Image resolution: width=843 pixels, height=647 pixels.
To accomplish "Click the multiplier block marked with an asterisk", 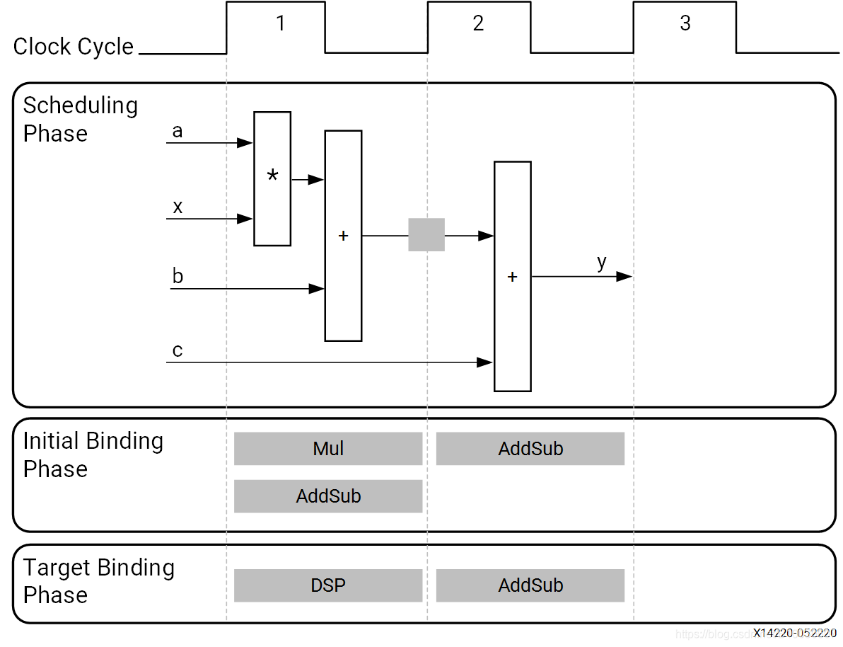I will (272, 178).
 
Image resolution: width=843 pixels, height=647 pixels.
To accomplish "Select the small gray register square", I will (426, 235).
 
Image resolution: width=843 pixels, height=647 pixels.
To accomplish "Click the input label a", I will (178, 132).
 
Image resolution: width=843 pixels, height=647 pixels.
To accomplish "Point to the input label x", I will (178, 207).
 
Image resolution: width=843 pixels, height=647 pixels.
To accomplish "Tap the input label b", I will (178, 276).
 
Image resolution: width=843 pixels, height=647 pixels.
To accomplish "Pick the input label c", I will (178, 351).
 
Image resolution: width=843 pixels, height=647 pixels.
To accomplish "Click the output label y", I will (601, 263).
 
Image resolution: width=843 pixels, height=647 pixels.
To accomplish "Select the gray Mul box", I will (328, 449).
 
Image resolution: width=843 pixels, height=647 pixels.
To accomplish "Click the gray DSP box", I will (328, 585).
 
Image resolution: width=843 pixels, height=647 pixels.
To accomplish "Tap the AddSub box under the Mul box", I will (328, 496).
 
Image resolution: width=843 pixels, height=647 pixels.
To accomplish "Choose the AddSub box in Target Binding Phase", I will (530, 585).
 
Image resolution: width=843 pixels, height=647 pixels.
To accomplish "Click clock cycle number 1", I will (280, 23).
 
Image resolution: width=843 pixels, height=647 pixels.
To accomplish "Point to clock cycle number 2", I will (478, 23).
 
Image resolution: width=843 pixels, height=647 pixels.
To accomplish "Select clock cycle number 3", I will (685, 23).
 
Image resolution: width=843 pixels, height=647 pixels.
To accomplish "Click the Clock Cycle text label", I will (74, 47).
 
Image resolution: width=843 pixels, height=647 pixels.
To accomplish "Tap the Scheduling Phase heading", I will (80, 119).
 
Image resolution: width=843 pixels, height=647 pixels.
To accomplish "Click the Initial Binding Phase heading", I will (93, 454).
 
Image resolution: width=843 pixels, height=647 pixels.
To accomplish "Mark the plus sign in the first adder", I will (343, 236).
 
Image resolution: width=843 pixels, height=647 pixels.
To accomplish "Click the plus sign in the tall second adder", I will (512, 277).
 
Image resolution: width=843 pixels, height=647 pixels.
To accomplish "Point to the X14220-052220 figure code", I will (794, 633).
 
